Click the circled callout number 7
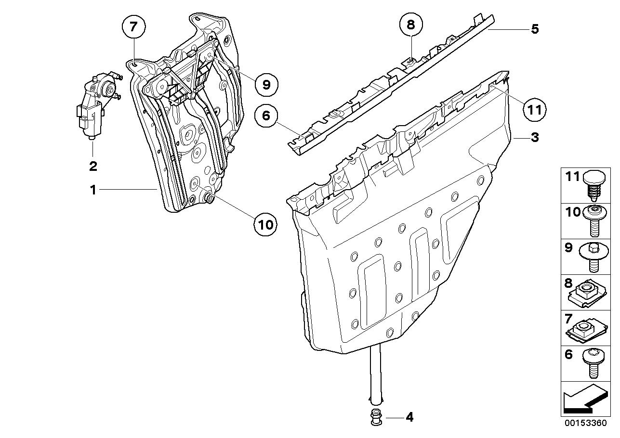(133, 28)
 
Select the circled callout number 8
(410, 25)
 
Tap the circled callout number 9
(266, 85)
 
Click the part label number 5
(534, 29)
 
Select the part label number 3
(534, 138)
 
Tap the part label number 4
(409, 417)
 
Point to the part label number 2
(92, 167)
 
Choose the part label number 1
(93, 190)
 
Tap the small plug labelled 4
(375, 417)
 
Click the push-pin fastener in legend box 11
(593, 186)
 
